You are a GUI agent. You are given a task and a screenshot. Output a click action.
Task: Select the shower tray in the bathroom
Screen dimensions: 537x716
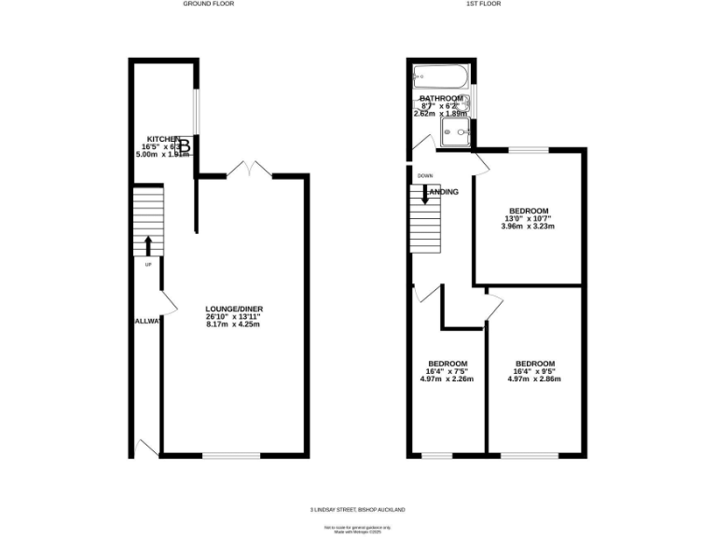pos(456,131)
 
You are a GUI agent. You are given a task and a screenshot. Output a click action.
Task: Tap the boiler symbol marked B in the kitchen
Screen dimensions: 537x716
pos(185,145)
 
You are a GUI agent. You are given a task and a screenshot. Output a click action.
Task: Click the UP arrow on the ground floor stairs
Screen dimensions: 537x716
pos(147,244)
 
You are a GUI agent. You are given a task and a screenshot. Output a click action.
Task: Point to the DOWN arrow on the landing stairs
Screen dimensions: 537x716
pos(426,194)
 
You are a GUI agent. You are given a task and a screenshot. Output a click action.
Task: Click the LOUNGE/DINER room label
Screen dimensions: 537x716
pos(234,309)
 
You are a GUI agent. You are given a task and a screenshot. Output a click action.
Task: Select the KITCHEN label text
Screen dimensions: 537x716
pos(161,139)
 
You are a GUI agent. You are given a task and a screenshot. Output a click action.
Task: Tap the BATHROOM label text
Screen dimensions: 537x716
pos(441,99)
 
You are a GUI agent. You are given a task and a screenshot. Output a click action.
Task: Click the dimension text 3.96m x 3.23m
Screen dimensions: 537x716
pos(528,227)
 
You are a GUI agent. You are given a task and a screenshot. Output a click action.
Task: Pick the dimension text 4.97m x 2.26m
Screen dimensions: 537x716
pos(447,379)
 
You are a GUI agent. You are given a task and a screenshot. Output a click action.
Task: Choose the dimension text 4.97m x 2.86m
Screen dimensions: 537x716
pos(535,379)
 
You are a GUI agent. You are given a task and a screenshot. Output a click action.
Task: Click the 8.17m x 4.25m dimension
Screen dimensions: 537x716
pos(234,324)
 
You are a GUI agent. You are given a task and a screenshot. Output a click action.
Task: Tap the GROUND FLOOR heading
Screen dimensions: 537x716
pos(208,4)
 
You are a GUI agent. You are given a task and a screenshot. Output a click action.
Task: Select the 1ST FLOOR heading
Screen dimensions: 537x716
pos(483,4)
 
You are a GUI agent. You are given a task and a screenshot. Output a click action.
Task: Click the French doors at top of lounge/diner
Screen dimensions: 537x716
pos(249,170)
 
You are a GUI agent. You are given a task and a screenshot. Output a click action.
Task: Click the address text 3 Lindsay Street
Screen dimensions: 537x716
pos(358,509)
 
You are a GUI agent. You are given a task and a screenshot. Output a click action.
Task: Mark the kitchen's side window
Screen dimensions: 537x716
pos(196,111)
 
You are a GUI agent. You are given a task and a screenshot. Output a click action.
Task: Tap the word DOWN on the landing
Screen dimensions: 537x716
pos(425,175)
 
